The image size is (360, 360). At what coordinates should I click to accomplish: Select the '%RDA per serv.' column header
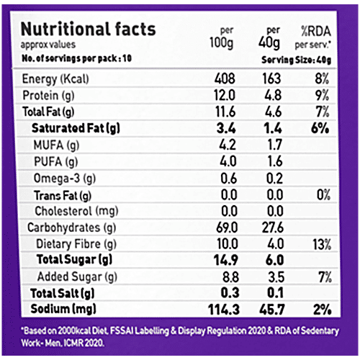[x=315, y=36]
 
